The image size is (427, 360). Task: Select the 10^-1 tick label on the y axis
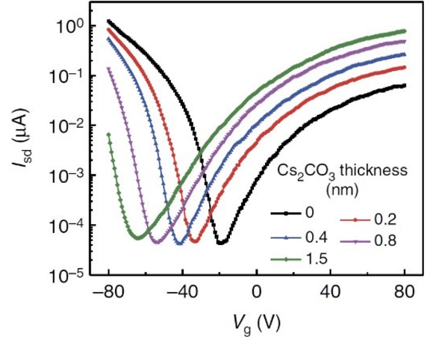pos(71,76)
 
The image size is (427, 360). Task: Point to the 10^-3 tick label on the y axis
pos(71,176)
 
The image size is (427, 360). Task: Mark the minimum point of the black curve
pos(220,243)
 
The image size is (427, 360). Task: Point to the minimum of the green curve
pos(137,238)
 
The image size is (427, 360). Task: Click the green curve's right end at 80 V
pos(404,31)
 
